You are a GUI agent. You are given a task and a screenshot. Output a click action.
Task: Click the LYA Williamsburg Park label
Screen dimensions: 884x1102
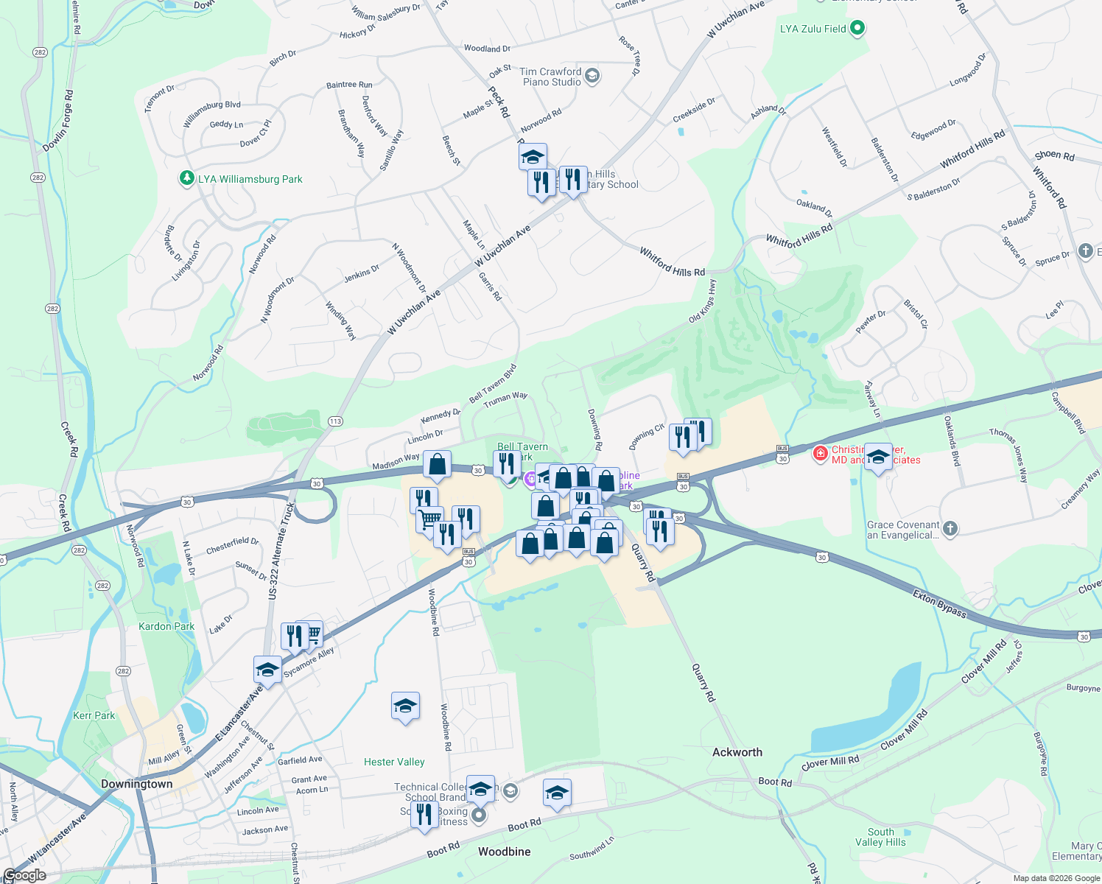[x=250, y=179]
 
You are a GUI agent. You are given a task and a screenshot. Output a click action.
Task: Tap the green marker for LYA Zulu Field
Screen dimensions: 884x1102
[x=857, y=29]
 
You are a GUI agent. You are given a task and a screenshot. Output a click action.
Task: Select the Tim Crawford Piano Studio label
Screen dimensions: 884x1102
[x=551, y=77]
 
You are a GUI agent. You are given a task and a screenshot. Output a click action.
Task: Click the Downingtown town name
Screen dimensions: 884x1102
[x=137, y=784]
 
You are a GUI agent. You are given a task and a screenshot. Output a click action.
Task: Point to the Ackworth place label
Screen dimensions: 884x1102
[x=737, y=752]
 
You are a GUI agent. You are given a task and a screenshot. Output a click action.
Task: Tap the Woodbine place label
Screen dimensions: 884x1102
[x=504, y=852]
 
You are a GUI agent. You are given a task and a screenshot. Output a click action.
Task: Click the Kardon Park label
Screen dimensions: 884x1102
[x=166, y=626]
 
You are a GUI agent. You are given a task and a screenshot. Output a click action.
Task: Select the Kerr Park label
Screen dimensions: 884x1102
[x=94, y=715]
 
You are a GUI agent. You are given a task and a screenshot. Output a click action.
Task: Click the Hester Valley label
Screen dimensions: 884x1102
[x=394, y=762]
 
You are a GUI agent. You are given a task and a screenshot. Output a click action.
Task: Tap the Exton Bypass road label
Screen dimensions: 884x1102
[x=939, y=603]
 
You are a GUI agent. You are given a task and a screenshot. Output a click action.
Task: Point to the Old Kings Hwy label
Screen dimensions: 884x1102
[x=702, y=301]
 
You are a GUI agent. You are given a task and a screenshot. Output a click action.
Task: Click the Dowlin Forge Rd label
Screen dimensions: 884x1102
[x=58, y=122]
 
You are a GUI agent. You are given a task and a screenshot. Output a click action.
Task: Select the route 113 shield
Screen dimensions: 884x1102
[x=335, y=421]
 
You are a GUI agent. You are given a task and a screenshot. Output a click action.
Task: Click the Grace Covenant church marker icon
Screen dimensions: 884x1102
[x=950, y=527]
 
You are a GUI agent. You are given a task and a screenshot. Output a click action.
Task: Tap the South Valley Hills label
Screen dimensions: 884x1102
[x=880, y=837]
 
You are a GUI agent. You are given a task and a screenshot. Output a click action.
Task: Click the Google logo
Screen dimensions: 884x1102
[x=25, y=875]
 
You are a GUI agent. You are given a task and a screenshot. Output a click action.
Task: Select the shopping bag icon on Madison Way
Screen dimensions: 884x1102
[x=437, y=465]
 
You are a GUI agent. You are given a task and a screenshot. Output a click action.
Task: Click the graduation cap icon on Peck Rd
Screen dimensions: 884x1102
[x=533, y=156]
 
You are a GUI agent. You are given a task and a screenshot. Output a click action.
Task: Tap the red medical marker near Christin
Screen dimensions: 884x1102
[x=820, y=453]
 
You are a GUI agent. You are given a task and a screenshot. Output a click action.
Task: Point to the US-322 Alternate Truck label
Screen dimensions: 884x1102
[x=282, y=550]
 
